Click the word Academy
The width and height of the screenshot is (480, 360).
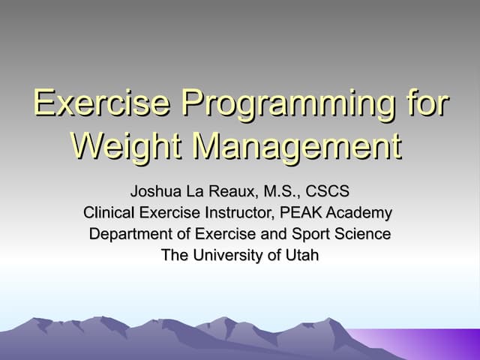(x=359, y=212)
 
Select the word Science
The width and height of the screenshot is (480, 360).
(x=361, y=234)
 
